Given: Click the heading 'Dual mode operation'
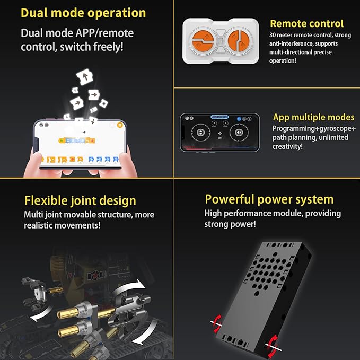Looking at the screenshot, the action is [83, 13].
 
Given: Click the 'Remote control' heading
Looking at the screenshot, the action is [307, 23].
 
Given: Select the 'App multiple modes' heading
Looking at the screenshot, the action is [314, 117].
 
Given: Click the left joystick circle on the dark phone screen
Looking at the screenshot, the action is [200, 133].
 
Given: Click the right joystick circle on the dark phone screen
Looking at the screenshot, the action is [239, 133].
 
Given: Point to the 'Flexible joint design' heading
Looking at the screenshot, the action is [80, 200].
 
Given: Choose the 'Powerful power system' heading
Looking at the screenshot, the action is [269, 199].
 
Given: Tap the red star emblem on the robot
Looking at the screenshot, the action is [94, 275].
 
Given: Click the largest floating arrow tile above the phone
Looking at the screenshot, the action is [85, 77].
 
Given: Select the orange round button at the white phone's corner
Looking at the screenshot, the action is [120, 125].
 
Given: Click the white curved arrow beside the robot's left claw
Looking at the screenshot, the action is [41, 315].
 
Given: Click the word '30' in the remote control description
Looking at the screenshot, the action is [273, 35].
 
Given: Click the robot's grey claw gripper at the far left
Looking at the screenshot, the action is [34, 293].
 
